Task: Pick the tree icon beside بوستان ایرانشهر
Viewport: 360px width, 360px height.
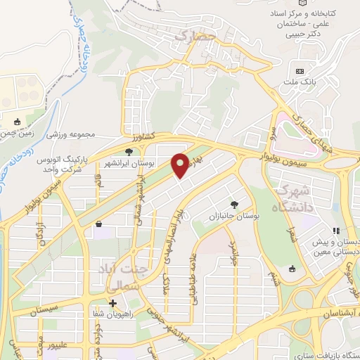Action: click(x=128, y=151)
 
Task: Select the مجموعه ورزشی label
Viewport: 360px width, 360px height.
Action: click(x=70, y=132)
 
